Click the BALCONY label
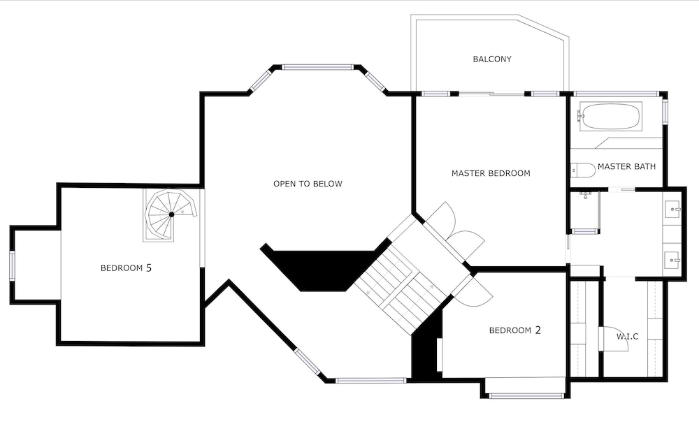tap(491, 59)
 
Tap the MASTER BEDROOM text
tap(491, 173)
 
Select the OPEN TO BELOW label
tap(308, 184)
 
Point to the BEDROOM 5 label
tap(126, 268)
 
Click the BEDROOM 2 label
tap(515, 330)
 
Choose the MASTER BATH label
tap(626, 166)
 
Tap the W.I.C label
tap(628, 337)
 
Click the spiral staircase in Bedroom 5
tap(171, 214)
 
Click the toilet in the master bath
tap(583, 170)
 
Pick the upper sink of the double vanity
tap(672, 208)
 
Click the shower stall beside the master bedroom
tap(584, 212)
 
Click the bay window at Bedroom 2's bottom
tap(525, 395)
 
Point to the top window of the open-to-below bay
tap(317, 67)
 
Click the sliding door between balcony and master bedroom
tap(491, 94)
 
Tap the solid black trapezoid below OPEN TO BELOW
tap(323, 270)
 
